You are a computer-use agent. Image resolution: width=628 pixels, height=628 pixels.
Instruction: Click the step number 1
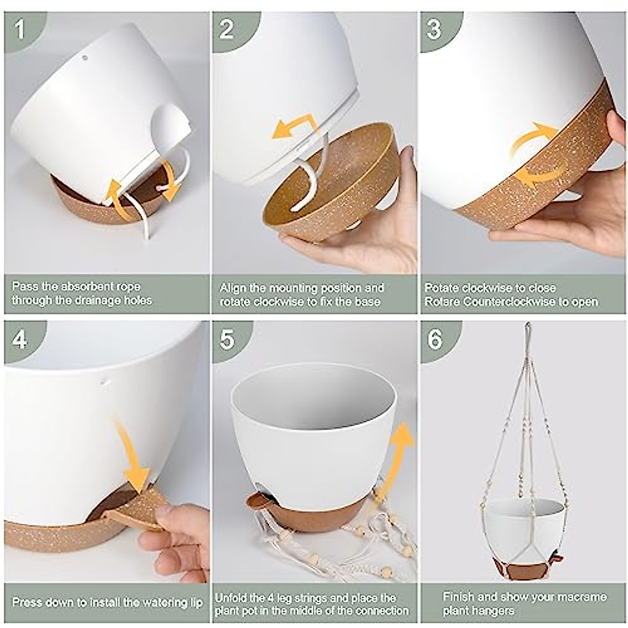(20, 30)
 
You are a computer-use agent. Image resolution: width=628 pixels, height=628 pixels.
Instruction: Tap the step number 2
(227, 30)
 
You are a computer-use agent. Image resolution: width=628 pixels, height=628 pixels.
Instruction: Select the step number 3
(434, 30)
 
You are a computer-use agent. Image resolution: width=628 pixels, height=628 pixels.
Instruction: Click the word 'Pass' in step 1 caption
(26, 287)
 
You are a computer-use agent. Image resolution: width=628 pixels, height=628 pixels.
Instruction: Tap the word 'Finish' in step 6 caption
(458, 597)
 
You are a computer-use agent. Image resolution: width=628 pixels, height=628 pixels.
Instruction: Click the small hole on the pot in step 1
(85, 59)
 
